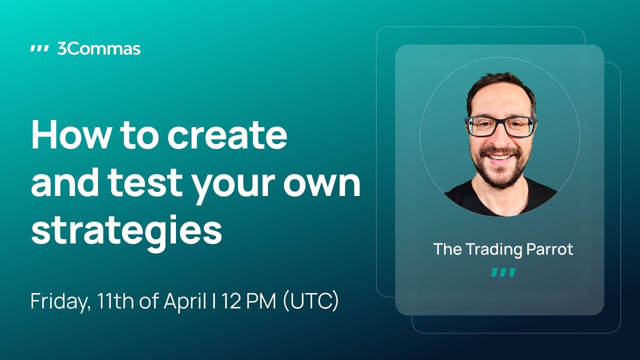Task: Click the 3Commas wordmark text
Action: [x=99, y=49]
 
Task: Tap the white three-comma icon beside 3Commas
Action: [x=39, y=49]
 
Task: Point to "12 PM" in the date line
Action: [x=248, y=301]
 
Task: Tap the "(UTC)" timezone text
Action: [x=311, y=301]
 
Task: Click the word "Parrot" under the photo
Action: [x=549, y=249]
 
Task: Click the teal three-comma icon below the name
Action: [x=503, y=272]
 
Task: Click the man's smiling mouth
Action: [x=500, y=157]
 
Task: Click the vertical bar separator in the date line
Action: [x=214, y=301]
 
